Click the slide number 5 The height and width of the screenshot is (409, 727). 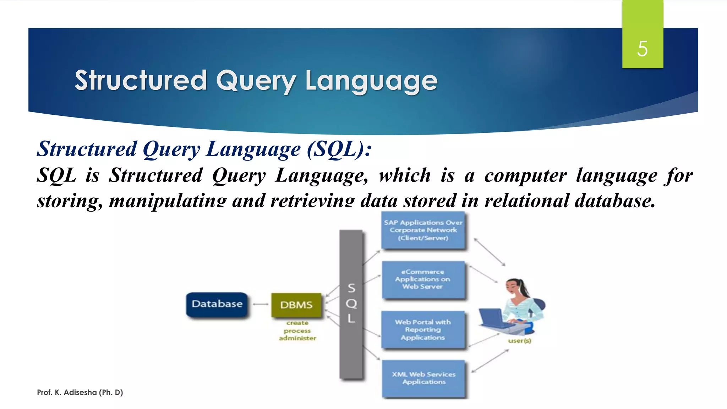(x=642, y=49)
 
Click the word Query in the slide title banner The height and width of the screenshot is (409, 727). (x=256, y=81)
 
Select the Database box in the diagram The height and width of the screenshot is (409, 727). (x=217, y=304)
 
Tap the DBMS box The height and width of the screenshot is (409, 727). (x=296, y=305)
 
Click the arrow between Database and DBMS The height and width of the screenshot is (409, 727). (x=260, y=304)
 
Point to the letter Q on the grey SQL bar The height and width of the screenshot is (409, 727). (x=351, y=304)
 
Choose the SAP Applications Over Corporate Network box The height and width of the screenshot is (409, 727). (x=423, y=230)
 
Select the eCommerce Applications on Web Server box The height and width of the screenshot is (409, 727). (x=423, y=279)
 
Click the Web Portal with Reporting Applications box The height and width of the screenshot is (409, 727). (x=423, y=329)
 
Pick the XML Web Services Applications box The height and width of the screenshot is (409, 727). (x=423, y=378)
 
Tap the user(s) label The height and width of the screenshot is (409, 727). (x=519, y=341)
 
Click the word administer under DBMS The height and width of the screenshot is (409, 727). (x=297, y=338)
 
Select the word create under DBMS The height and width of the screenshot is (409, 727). (x=297, y=323)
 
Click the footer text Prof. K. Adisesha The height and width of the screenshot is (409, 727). (x=80, y=392)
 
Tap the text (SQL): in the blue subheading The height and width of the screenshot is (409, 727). (x=339, y=149)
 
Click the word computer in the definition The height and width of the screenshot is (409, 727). (x=525, y=176)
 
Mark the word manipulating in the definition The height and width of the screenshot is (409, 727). (x=168, y=201)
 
